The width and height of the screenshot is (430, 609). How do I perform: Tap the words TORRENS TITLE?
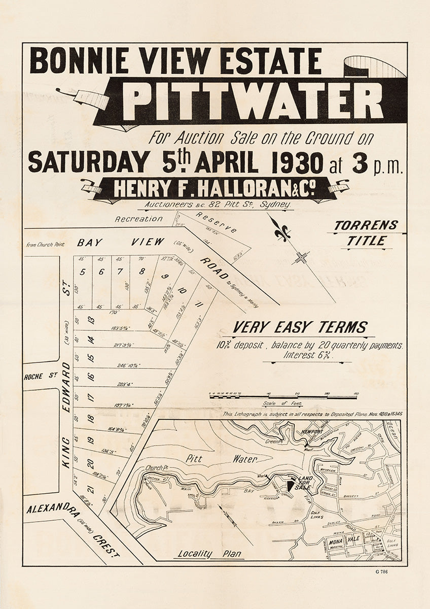point(366,233)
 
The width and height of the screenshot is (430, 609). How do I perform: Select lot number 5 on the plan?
point(82,272)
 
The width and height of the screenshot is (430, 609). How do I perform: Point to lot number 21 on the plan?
point(90,489)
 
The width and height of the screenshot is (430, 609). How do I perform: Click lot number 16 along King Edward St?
point(90,377)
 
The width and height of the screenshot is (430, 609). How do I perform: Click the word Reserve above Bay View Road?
point(217,222)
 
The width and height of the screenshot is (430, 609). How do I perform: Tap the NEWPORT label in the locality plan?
point(312,431)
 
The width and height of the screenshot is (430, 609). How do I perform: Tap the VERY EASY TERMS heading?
point(300,328)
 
